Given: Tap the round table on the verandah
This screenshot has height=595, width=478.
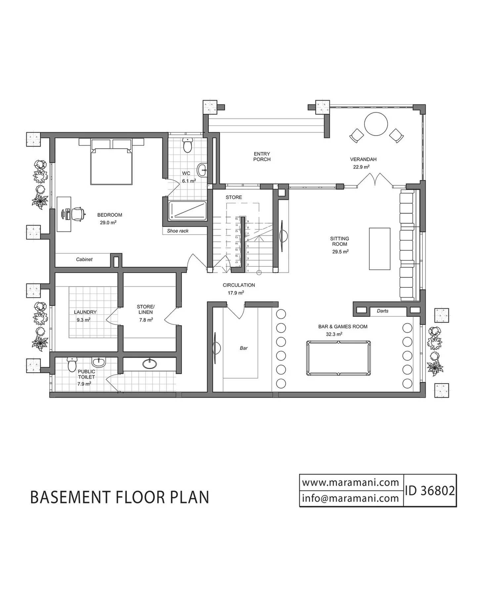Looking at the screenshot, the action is pos(376,124).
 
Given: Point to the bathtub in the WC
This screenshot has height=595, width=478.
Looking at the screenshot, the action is pos(188,211).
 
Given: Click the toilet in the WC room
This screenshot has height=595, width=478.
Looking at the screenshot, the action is pos(188,145).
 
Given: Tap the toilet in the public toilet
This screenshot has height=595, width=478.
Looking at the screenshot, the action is pos(72,364).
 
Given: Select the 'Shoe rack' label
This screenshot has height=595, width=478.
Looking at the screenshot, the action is pos(178,231).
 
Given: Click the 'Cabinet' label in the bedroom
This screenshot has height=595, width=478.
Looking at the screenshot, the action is pos(84,259).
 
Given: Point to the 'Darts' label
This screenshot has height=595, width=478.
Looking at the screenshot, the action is pos(382,311).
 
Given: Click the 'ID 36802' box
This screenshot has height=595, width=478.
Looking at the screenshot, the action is pos(430,491).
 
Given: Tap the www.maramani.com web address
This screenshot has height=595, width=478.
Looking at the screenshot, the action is pos(351,483).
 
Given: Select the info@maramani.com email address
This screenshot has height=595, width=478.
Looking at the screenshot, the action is pos(351,498).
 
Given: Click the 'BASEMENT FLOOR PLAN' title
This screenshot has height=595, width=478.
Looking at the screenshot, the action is pos(120,497).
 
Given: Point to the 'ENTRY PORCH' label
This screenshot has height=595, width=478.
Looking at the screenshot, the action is pos(262,156).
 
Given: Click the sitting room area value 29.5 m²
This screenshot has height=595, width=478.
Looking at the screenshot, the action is pos(340,252).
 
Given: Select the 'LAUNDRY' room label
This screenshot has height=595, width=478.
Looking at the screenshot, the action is pos(85,312).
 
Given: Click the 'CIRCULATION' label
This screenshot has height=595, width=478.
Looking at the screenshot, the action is pos(239,285).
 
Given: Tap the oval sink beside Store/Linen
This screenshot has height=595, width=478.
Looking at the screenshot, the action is pos(150,364).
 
